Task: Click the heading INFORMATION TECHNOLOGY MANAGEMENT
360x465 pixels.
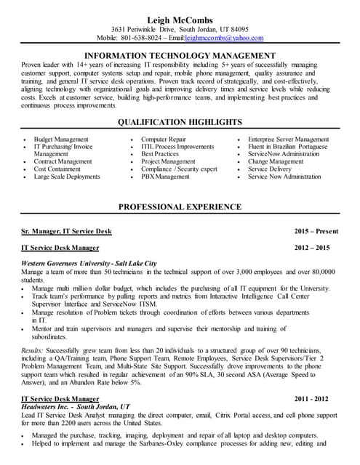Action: coord(180,55)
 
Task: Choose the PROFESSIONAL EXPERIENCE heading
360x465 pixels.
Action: coord(180,207)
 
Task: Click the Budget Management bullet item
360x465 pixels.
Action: coord(61,139)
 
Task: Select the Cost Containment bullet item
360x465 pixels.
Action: coord(57,169)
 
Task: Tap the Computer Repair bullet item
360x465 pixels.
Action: coord(164,139)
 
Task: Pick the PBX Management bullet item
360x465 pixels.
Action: coord(165,177)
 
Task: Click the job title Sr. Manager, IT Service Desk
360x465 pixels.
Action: coord(67,231)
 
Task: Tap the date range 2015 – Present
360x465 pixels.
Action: coord(316,231)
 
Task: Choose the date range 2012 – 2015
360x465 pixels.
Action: coord(316,248)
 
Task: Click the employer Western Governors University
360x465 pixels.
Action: coord(68,262)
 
